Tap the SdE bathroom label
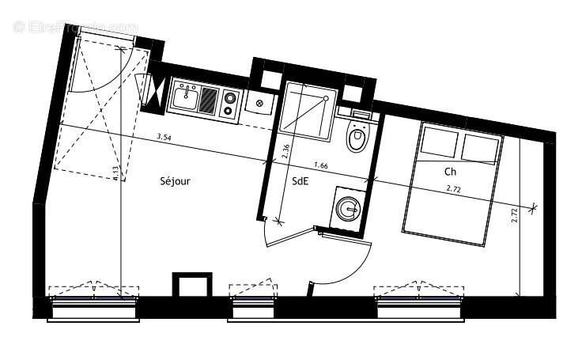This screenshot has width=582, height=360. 300,180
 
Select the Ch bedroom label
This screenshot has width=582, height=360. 450,171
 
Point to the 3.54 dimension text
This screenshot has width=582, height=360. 164,138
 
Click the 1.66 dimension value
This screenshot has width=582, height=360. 321,165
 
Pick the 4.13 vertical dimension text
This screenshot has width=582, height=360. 115,174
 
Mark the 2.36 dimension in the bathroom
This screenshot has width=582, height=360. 285,151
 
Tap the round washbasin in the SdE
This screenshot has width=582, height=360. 347,209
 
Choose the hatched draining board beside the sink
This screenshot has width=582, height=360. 208,100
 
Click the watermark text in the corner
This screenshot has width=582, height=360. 75,27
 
